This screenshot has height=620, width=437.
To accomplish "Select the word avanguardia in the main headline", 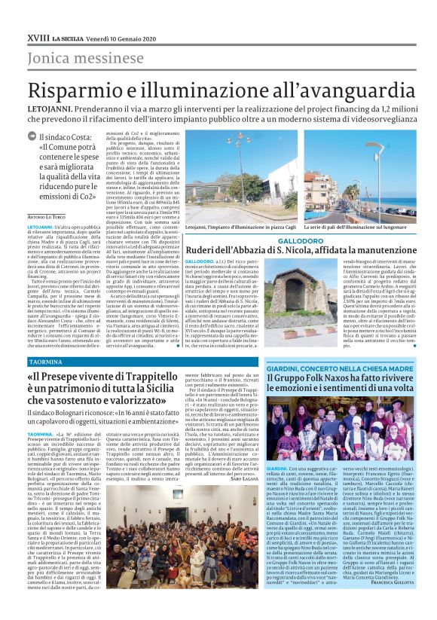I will click(x=350, y=87).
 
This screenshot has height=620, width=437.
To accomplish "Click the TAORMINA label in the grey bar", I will click(x=45, y=362).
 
